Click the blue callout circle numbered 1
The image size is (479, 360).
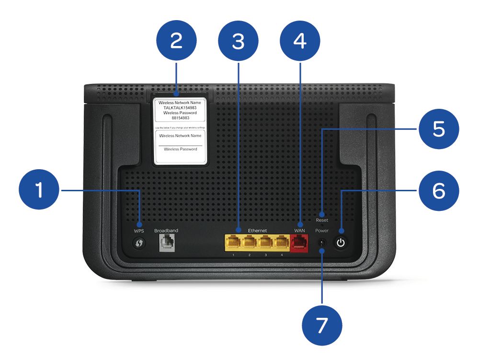pyautogui.click(x=39, y=191)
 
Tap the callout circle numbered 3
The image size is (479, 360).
pyautogui.click(x=238, y=42)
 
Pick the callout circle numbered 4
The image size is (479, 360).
pyautogui.click(x=300, y=42)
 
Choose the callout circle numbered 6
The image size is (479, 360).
pyautogui.click(x=439, y=191)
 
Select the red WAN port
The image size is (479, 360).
pyautogui.click(x=299, y=243)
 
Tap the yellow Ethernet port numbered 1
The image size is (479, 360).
pyautogui.click(x=233, y=243)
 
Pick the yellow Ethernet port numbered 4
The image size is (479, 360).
pyautogui.click(x=281, y=243)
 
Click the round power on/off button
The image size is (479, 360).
pyautogui.click(x=341, y=243)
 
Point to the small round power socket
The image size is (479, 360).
pyautogui.click(x=322, y=243)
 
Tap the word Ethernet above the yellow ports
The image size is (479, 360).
pyautogui.click(x=257, y=231)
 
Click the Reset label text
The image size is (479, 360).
pyautogui.click(x=322, y=220)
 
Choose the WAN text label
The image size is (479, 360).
pyautogui.click(x=299, y=231)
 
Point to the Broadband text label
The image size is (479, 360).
pyautogui.click(x=166, y=231)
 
